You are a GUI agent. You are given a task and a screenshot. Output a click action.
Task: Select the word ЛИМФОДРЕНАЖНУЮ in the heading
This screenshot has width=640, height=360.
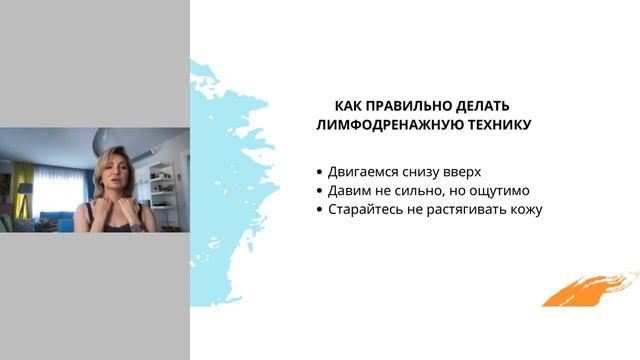click(x=384, y=126)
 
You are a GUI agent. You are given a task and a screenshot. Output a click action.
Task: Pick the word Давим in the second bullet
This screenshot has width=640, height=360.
click(x=349, y=191)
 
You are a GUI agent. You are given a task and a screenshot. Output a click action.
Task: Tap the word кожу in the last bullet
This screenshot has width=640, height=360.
click(x=521, y=211)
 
